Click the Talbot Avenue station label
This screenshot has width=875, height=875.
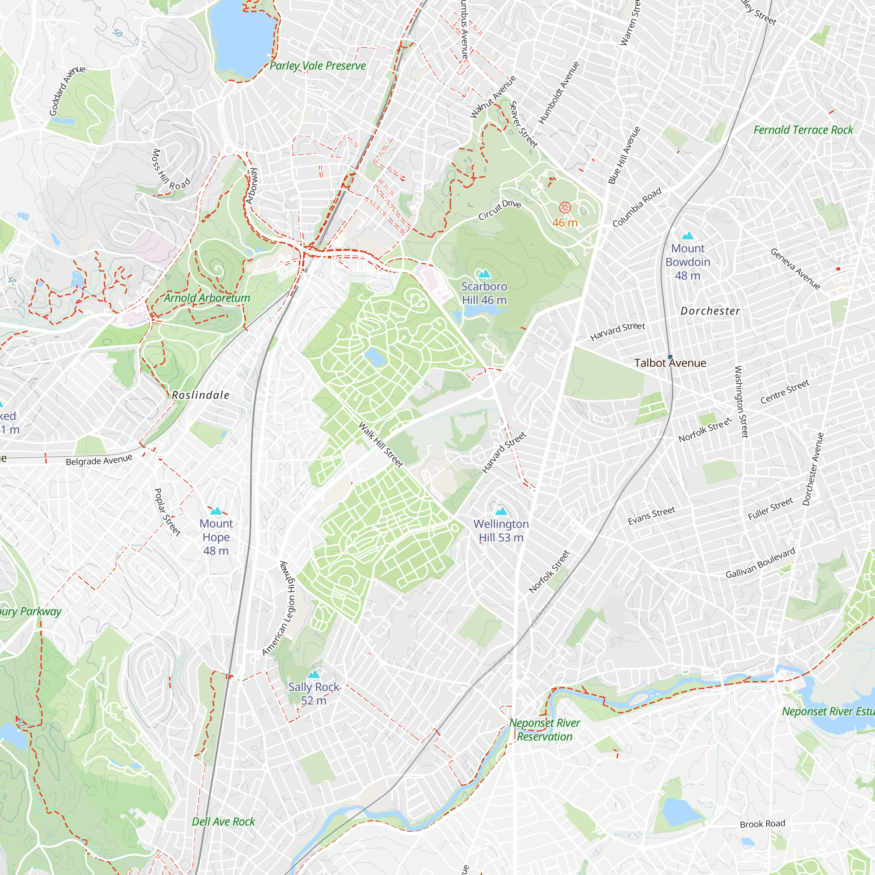coord(670,363)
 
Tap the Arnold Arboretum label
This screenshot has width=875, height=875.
coord(207,298)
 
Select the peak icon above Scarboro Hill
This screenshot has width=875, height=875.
coord(484,273)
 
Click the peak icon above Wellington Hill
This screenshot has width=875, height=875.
coord(501,511)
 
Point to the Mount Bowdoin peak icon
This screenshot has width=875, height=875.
coord(687,235)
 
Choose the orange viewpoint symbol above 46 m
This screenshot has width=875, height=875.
coord(565,208)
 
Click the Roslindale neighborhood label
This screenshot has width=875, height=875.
coord(201,395)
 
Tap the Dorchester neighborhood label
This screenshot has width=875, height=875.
coord(710,311)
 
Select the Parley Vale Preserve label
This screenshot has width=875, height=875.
coord(318,66)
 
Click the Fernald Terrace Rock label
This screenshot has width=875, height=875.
coord(803,130)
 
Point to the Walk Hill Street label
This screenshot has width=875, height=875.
coord(381,445)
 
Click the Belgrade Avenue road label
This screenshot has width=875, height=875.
coord(99,460)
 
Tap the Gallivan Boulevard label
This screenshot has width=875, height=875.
coord(760,563)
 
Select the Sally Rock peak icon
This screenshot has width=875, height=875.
coord(313,675)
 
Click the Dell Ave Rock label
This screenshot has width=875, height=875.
coord(223,822)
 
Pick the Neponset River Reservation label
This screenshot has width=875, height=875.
coord(544,730)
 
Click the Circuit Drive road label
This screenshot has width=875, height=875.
coord(500,210)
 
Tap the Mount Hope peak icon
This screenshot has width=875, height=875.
coord(216,511)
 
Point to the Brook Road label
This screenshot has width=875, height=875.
coord(762,824)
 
